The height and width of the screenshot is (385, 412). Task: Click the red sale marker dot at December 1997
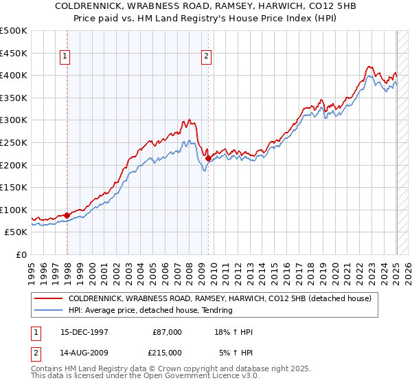tap(67, 215)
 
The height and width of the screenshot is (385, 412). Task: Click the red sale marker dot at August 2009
tap(209, 158)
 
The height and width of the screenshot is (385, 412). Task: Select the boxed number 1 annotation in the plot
tap(65, 57)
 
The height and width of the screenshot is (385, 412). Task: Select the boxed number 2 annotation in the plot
tap(206, 57)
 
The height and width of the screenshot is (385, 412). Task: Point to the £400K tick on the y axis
tap(14, 75)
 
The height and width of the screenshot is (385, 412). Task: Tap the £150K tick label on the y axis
tap(14, 187)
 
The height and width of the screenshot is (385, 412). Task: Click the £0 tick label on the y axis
tap(21, 254)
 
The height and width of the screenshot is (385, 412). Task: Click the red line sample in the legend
tap(49, 298)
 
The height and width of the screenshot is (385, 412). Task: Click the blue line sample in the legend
tap(49, 310)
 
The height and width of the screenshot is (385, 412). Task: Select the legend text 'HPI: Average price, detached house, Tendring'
tap(150, 310)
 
